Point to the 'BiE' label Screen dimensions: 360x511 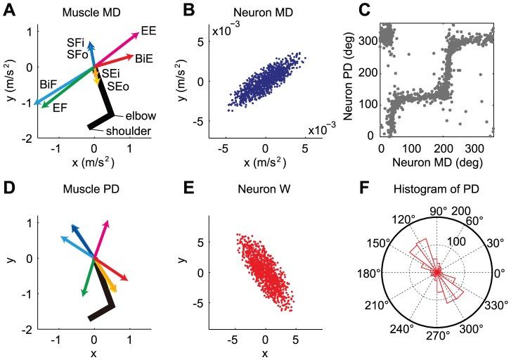pos(144,56)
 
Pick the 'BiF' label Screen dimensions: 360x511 pos(48,84)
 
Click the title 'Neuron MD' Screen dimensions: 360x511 pos(265,13)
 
